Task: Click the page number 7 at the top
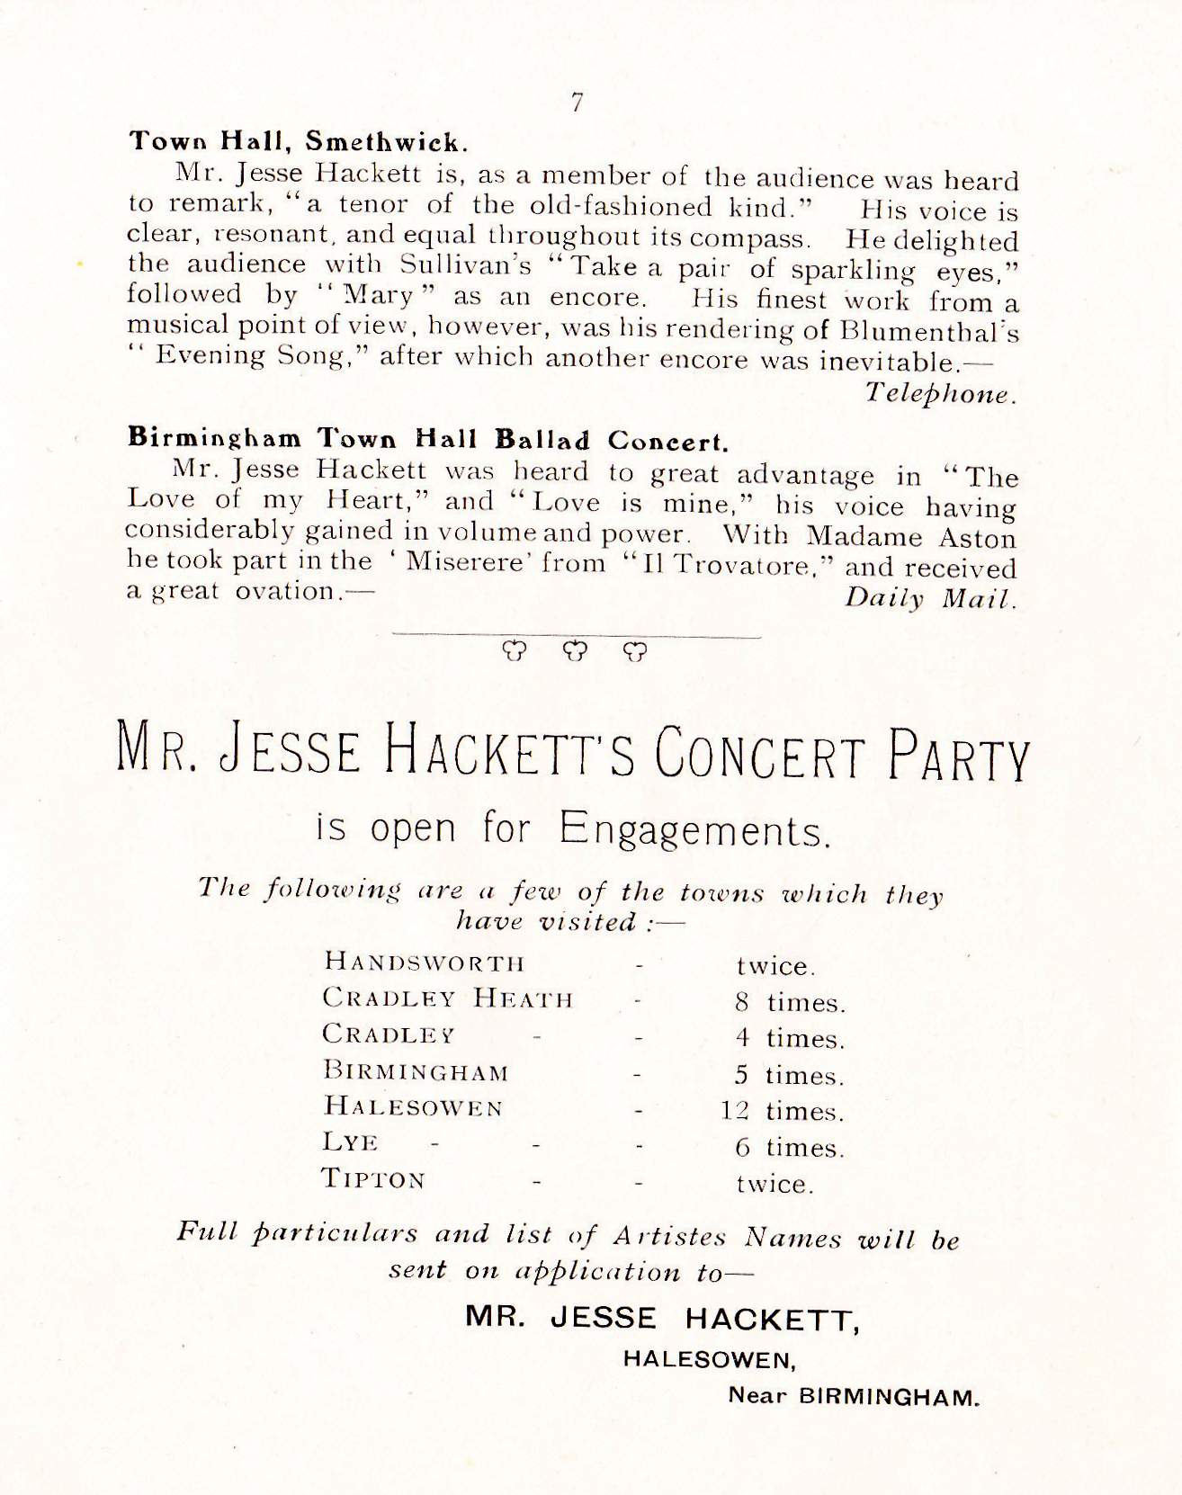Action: click(578, 103)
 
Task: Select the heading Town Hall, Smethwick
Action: click(299, 141)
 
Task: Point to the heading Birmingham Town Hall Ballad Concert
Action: click(427, 439)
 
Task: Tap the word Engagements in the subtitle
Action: click(692, 828)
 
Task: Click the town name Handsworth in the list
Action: click(425, 962)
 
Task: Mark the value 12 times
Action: click(782, 1112)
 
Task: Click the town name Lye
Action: click(350, 1142)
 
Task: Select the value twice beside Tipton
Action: click(775, 1184)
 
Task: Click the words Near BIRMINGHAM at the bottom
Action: click(852, 1398)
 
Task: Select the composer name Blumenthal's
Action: click(928, 330)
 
